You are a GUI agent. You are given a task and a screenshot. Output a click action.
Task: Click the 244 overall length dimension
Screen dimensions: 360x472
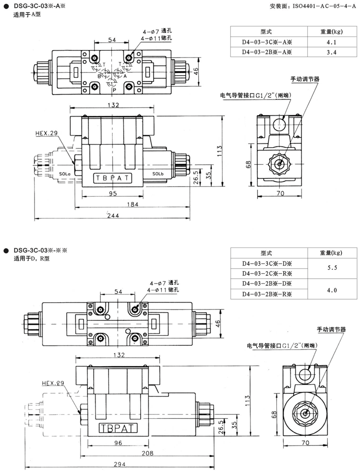pyautogui.click(x=113, y=215)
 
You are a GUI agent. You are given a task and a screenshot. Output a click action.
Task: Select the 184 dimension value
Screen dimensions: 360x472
pyautogui.click(x=132, y=204)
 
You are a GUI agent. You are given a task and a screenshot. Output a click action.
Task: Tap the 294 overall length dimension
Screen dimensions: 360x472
pyautogui.click(x=120, y=464)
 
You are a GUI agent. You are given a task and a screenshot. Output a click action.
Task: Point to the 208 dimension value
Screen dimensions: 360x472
pyautogui.click(x=147, y=453)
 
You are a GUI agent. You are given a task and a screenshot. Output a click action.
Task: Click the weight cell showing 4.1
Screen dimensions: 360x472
pyautogui.click(x=331, y=42)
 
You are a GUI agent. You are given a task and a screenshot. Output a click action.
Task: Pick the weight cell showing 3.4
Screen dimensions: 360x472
pyautogui.click(x=331, y=52)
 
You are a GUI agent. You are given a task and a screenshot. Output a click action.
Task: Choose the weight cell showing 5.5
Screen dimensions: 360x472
pyautogui.click(x=332, y=268)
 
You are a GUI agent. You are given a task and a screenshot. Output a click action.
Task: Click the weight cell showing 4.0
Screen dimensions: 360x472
pyautogui.click(x=332, y=290)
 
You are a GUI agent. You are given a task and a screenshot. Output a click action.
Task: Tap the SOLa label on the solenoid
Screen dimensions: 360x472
pyautogui.click(x=64, y=174)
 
